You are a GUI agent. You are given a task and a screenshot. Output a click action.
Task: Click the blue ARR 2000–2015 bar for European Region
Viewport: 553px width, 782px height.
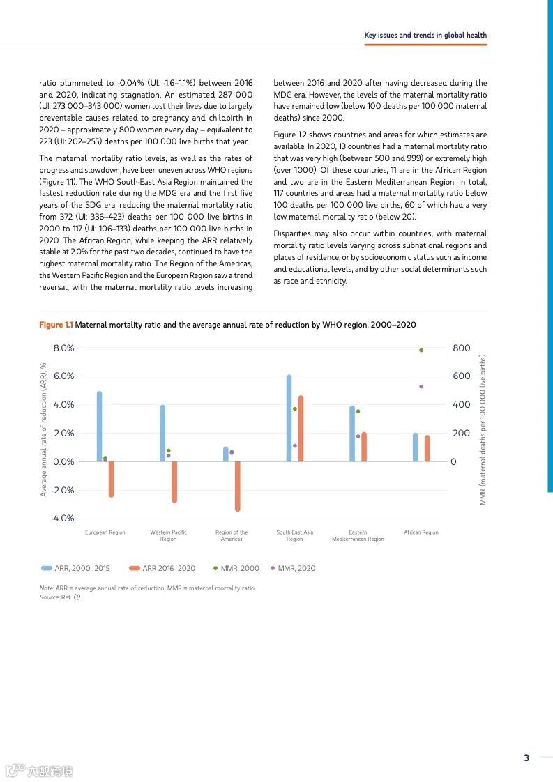click(x=99, y=426)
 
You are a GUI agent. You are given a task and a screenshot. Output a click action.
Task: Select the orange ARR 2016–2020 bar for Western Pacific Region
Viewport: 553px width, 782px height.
click(x=174, y=481)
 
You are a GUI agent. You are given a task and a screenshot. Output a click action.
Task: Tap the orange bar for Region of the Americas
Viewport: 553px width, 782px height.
click(x=238, y=486)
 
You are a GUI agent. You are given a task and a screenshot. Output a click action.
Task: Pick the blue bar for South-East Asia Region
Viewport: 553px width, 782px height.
click(x=289, y=417)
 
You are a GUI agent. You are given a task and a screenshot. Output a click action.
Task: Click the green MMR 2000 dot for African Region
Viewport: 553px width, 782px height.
click(x=421, y=350)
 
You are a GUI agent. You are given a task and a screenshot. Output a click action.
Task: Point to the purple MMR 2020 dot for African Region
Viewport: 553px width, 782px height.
click(x=421, y=386)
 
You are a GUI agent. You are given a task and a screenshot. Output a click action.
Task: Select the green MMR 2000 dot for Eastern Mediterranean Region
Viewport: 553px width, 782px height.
click(x=358, y=411)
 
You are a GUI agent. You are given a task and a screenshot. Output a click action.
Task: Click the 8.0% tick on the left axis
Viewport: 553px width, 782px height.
click(x=63, y=348)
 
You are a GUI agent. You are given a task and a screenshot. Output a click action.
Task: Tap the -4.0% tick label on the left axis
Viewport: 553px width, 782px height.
click(x=63, y=518)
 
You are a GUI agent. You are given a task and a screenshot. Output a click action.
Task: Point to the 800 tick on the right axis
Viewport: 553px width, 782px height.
click(x=462, y=348)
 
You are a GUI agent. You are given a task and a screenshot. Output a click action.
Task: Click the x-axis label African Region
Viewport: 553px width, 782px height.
click(x=421, y=532)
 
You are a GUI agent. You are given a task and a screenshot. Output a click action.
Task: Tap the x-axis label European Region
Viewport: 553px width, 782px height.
click(x=105, y=532)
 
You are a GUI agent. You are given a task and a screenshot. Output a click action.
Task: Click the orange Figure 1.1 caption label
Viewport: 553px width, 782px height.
click(x=56, y=325)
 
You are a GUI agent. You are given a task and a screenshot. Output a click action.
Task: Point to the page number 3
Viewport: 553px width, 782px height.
click(x=527, y=758)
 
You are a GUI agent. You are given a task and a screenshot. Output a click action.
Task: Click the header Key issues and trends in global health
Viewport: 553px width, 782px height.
click(x=425, y=35)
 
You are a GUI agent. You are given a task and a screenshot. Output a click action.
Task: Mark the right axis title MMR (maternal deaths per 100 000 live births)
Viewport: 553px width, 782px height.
click(x=482, y=429)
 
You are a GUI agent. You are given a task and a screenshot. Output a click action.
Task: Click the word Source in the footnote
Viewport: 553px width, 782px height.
click(x=49, y=597)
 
